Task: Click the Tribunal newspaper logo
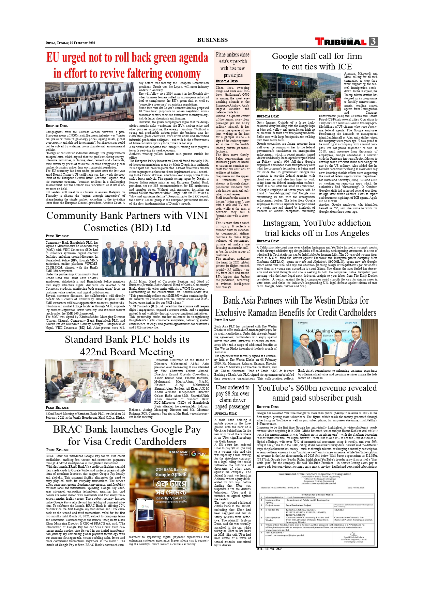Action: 341,42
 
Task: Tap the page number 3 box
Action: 373,42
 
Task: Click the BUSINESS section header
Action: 212,40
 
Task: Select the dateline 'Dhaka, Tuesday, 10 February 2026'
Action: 70,43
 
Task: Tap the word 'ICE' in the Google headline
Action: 344,67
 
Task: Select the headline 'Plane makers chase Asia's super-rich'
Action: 232,58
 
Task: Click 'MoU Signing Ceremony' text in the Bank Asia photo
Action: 327,331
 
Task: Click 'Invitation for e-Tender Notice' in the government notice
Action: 317,495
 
